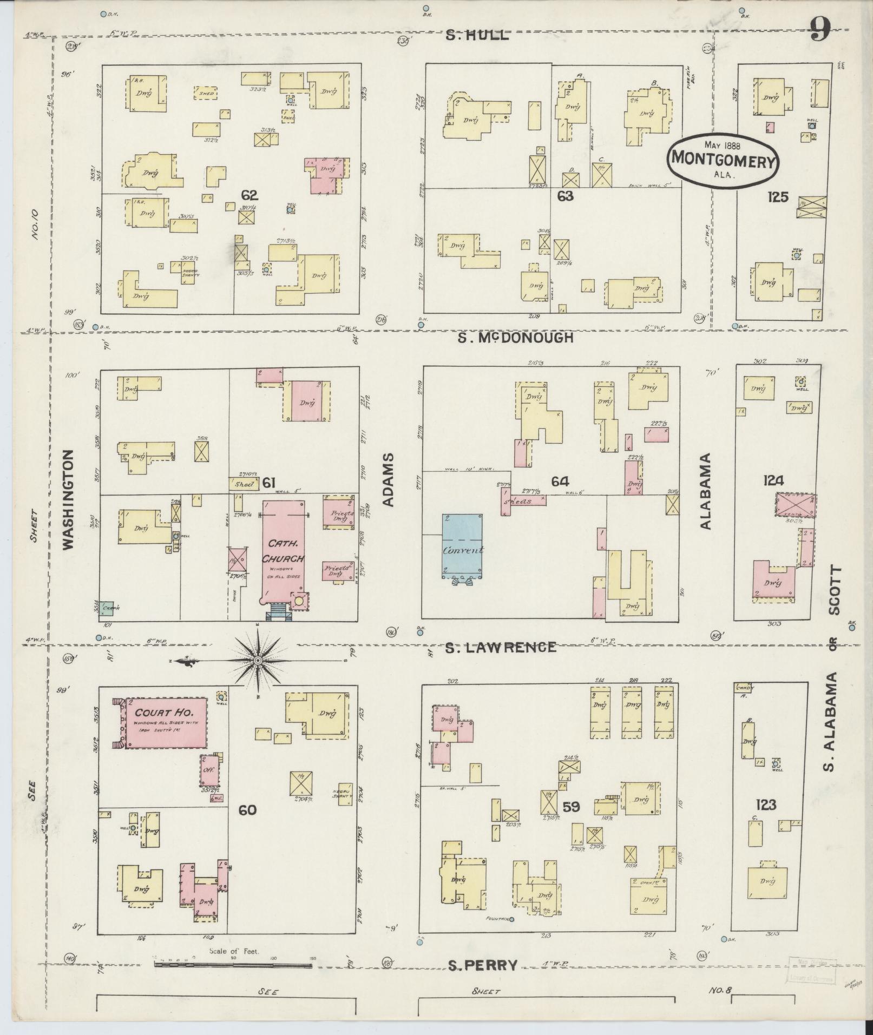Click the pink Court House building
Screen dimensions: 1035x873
(167, 723)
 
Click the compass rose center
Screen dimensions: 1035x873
(258, 661)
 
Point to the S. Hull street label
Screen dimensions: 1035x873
(477, 36)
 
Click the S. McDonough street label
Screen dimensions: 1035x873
(515, 338)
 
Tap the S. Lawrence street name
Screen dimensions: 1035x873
(501, 647)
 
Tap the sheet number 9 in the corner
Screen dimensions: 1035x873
(821, 30)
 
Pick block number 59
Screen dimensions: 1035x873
(571, 822)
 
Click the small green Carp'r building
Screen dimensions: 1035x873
(107, 608)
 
